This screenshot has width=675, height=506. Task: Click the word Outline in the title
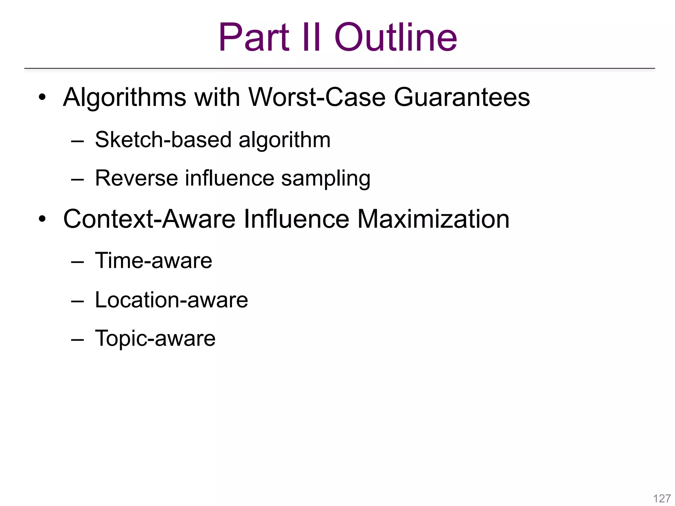tap(396, 37)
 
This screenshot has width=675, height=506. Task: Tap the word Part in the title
tap(254, 37)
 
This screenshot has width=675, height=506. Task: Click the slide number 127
tap(662, 498)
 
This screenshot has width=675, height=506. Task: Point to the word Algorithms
tap(125, 98)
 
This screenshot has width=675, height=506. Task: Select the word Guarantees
tap(462, 98)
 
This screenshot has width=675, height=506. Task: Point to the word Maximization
tap(433, 219)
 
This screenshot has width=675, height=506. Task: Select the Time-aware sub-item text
tap(153, 261)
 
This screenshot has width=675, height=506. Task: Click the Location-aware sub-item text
tap(171, 300)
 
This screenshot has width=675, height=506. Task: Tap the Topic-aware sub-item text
tap(155, 339)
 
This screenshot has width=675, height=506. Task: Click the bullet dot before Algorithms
tap(42, 98)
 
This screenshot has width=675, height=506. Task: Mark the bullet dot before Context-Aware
tap(42, 219)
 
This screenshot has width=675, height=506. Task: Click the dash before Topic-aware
tap(77, 340)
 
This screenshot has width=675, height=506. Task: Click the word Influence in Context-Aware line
tap(296, 219)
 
